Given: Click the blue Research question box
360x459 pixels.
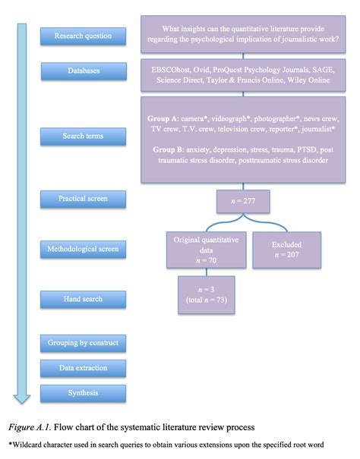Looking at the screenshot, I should [83, 35].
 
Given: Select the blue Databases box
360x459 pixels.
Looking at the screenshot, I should [83, 71].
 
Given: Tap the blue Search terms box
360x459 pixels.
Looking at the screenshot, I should [83, 136].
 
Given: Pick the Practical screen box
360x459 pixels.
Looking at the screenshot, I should [83, 199].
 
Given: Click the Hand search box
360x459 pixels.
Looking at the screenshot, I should [83, 298].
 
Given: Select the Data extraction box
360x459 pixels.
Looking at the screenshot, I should [83, 368].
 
